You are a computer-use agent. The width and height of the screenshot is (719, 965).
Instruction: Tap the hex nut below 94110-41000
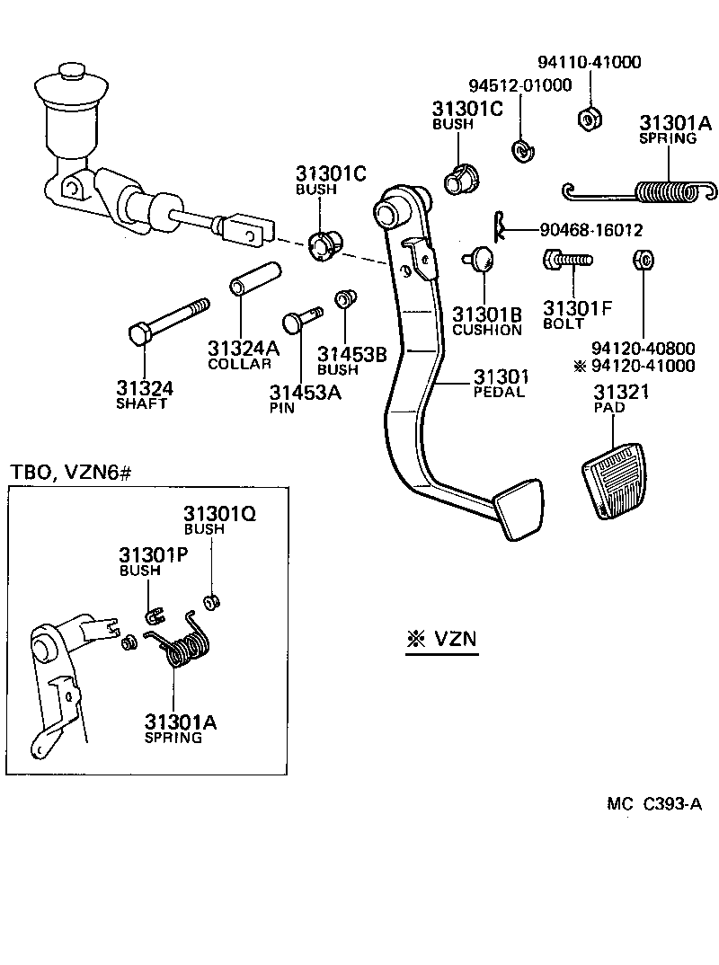coord(589,118)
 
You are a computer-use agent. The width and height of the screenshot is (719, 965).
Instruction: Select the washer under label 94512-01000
coord(521,149)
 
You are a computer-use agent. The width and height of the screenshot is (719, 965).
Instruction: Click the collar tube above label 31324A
coord(254,278)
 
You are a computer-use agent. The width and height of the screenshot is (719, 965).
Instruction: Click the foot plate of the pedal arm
coord(518,509)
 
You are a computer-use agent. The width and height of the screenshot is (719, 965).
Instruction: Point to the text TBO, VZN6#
coord(70,473)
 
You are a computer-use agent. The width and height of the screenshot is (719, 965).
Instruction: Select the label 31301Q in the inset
coord(220,514)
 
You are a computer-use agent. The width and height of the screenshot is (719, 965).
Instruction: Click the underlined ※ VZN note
coord(440,640)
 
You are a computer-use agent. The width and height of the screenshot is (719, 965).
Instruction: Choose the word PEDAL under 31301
coord(499,392)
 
